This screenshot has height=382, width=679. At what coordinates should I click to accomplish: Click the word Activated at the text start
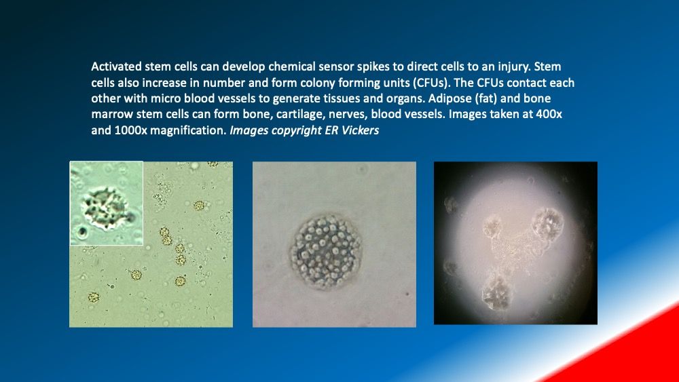click(117, 66)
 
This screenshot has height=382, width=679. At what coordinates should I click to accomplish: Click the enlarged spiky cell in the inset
click(105, 208)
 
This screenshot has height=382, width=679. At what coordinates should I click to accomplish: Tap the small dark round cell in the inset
click(82, 232)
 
